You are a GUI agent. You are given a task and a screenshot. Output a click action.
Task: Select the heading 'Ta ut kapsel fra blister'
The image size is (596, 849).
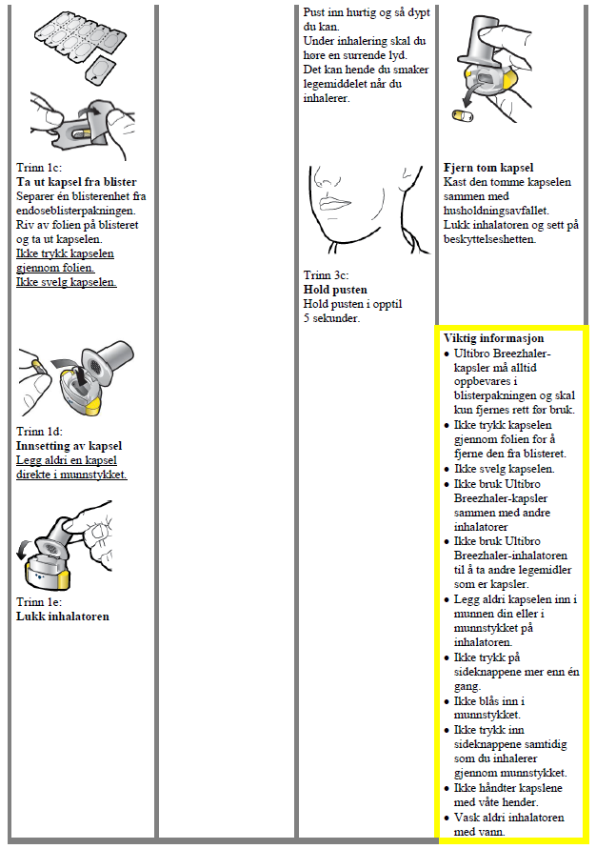77,183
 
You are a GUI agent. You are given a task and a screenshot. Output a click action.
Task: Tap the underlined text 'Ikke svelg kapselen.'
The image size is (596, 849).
67,282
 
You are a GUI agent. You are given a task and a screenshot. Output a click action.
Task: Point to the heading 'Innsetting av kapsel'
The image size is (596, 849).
70,446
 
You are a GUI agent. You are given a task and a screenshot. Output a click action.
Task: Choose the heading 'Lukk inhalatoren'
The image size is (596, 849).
63,617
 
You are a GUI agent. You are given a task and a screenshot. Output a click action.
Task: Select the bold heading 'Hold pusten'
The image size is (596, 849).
335,290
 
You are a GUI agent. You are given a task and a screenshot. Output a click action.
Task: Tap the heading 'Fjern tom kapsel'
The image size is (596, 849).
488,168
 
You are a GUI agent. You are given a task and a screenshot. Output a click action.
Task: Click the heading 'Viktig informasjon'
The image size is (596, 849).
494,338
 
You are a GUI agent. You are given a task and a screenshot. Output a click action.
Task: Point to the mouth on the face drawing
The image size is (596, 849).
338,203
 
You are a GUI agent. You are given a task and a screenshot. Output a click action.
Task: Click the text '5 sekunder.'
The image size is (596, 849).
331,319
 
